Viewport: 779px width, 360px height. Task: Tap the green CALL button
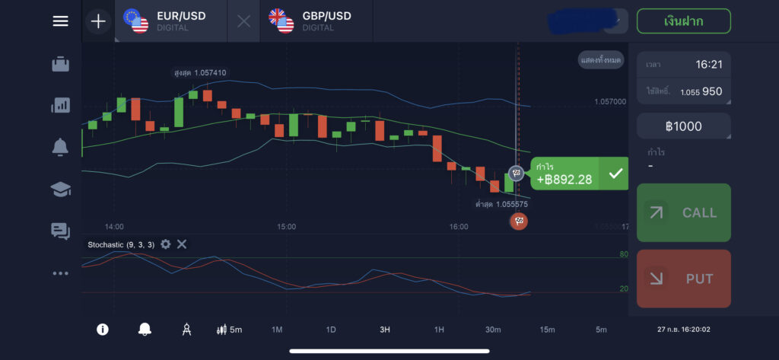click(683, 212)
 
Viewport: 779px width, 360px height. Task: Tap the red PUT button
click(683, 279)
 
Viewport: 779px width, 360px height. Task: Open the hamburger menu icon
click(60, 21)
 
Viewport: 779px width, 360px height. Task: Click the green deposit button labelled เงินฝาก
click(683, 21)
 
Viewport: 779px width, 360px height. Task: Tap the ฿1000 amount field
click(683, 126)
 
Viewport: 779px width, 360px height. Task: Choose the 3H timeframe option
click(385, 330)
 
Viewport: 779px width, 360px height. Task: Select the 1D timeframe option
click(331, 330)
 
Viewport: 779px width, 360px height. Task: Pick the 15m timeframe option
click(547, 330)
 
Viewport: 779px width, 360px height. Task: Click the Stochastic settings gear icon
click(166, 244)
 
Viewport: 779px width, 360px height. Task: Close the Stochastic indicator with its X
click(182, 244)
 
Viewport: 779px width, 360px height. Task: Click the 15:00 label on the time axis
click(287, 227)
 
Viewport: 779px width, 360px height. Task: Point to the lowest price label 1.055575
click(501, 204)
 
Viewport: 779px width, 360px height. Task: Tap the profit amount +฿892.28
click(564, 179)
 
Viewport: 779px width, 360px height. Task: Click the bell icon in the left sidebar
click(60, 148)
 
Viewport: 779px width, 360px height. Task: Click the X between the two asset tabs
click(243, 21)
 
